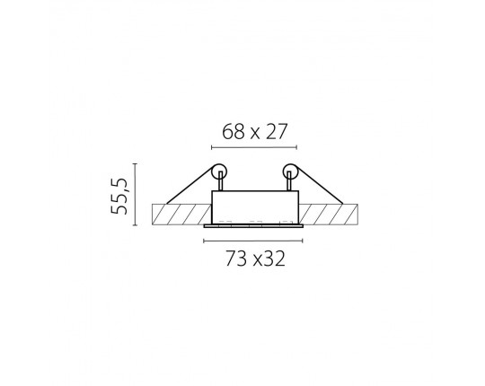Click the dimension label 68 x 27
tap(255, 131)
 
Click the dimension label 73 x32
tap(255, 259)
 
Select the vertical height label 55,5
tap(119, 196)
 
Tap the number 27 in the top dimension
tap(277, 131)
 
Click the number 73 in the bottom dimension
tap(236, 259)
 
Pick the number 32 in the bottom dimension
tap(274, 259)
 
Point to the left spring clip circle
tap(219, 171)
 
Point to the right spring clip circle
tap(290, 171)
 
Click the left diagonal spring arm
tap(190, 186)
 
